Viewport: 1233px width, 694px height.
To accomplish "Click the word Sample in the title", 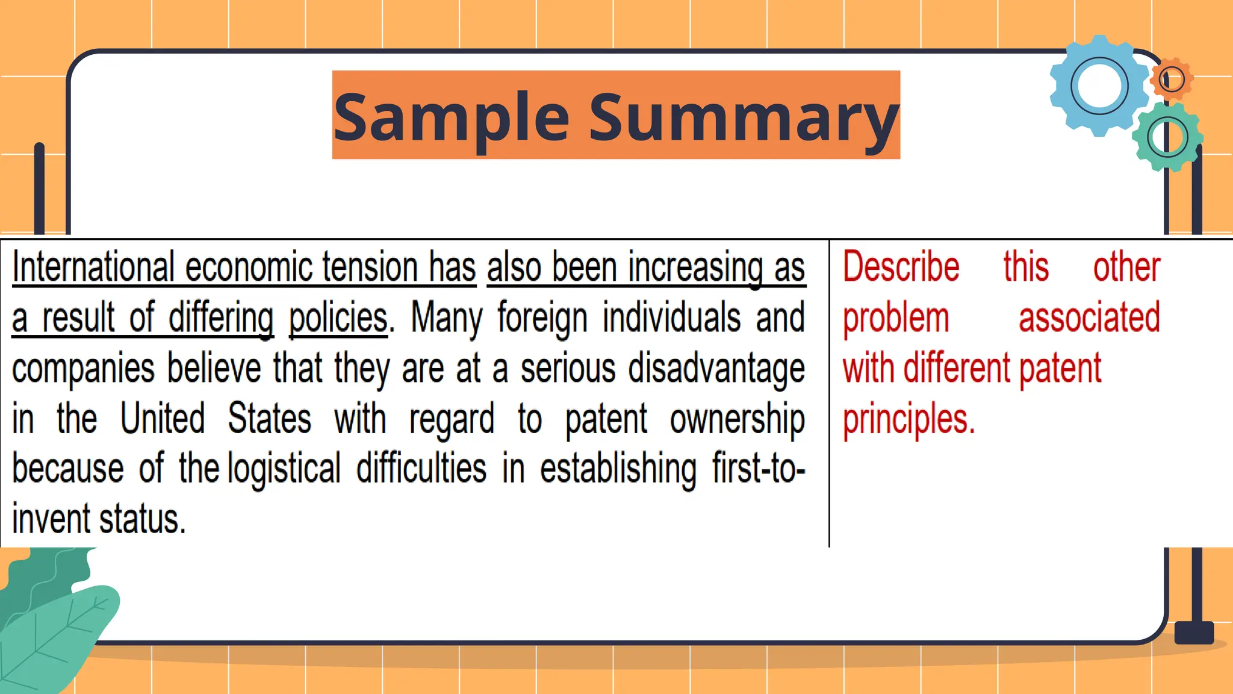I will pyautogui.click(x=452, y=117).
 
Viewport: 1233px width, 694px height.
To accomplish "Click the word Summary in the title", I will pyautogui.click(x=744, y=117).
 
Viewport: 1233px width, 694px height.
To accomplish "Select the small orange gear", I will pyautogui.click(x=1172, y=79).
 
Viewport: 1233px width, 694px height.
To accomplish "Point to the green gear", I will pyautogui.click(x=1167, y=137).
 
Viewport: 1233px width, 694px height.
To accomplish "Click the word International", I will pyautogui.click(x=93, y=267).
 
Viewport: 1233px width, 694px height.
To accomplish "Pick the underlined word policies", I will pyautogui.click(x=338, y=318).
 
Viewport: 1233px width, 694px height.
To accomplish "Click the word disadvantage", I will pyautogui.click(x=716, y=369).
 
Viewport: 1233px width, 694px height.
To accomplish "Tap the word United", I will pyautogui.click(x=163, y=419).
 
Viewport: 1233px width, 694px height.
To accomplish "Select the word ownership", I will pyautogui.click(x=737, y=419).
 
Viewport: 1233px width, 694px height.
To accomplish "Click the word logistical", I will pyautogui.click(x=284, y=469).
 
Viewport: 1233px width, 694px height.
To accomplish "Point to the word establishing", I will pyautogui.click(x=618, y=469).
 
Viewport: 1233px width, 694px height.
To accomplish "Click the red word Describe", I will pyautogui.click(x=901, y=267).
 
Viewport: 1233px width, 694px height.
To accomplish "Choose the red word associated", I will pyautogui.click(x=1089, y=318).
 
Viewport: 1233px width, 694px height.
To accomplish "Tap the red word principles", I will pyautogui.click(x=908, y=420).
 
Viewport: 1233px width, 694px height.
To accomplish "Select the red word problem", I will pyautogui.click(x=896, y=318).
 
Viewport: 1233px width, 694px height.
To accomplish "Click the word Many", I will pyautogui.click(x=446, y=318).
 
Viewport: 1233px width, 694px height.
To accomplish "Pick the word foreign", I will pyautogui.click(x=542, y=318).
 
